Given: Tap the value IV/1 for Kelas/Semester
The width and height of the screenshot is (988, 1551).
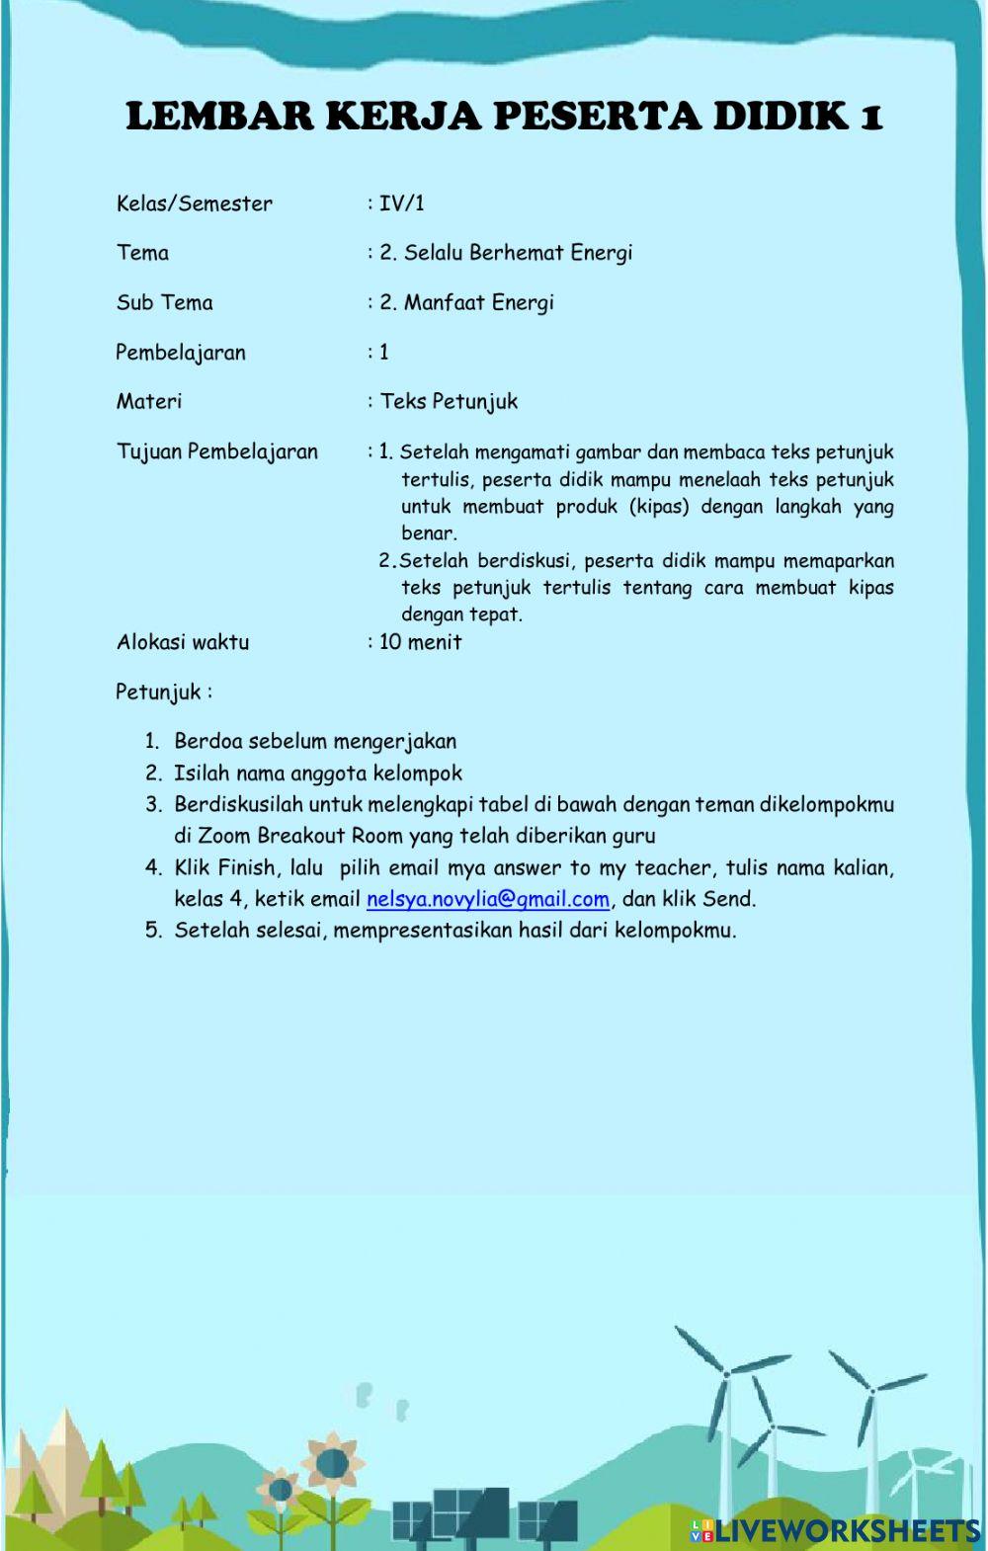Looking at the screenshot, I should tap(401, 204).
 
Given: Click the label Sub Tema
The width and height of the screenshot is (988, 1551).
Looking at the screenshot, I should tap(164, 302).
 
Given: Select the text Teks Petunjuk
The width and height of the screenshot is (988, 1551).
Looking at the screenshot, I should tap(449, 401).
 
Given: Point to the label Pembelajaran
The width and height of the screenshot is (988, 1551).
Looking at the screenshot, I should tap(180, 353).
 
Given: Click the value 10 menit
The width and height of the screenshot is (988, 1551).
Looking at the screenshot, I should tap(420, 642).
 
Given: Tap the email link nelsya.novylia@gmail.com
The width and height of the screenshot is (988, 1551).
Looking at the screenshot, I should tap(487, 899).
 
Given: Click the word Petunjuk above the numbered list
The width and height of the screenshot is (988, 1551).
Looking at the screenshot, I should tap(158, 692).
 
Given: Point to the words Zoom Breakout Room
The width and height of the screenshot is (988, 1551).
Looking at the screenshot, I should tap(301, 836).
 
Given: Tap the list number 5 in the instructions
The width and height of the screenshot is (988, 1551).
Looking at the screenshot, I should tap(152, 930).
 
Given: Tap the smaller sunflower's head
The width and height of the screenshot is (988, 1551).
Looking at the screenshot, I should tap(280, 1488).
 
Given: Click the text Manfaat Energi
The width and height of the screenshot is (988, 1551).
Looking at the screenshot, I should tap(478, 302).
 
